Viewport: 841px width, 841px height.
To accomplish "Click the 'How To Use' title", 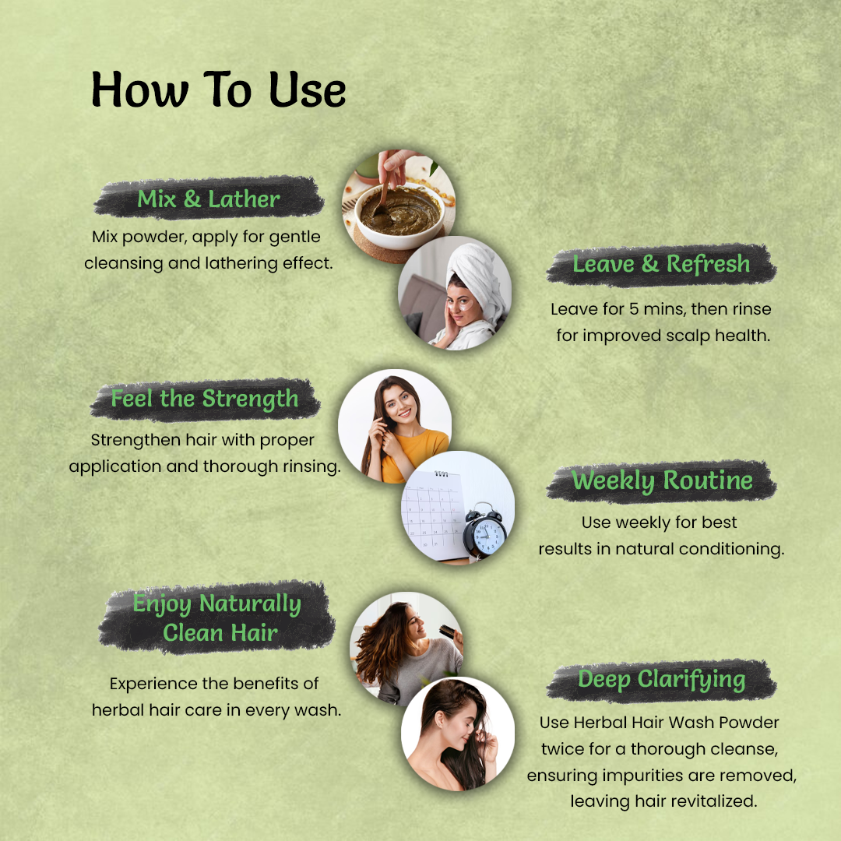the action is (218, 90).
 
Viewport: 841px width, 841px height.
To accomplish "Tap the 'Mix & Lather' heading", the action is (209, 199).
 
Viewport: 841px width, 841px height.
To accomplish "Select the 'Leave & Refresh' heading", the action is (661, 264).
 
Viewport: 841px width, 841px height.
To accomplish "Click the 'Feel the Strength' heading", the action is (204, 399).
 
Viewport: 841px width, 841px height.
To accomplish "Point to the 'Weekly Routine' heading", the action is (663, 480).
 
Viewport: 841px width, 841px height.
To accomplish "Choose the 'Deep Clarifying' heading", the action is (662, 680).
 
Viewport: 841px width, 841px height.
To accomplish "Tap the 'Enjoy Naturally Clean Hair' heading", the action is (217, 618).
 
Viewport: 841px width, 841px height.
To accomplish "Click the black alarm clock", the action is (484, 531).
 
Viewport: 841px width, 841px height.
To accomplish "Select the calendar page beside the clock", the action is (434, 514).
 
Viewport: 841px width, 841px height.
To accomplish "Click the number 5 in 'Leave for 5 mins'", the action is (634, 309).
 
